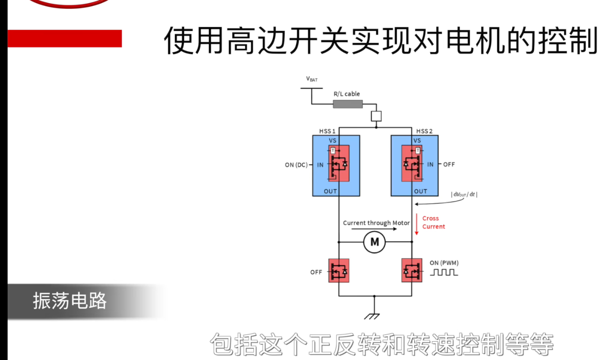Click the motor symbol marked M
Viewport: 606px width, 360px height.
[375, 242]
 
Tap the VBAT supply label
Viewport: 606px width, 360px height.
[311, 79]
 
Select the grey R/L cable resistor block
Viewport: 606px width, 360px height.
[348, 104]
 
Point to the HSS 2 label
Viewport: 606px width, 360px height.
[424, 131]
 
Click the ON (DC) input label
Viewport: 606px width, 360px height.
[296, 165]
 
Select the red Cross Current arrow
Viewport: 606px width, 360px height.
[417, 224]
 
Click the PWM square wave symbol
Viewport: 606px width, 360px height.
[444, 272]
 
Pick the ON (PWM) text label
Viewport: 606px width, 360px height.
[444, 263]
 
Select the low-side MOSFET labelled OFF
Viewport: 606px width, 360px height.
[339, 270]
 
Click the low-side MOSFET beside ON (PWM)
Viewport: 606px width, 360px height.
[412, 270]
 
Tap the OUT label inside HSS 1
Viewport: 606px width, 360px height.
[330, 191]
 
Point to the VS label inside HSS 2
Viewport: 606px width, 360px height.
[417, 140]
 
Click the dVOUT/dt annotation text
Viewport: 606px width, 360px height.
[465, 194]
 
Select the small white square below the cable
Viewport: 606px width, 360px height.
[376, 116]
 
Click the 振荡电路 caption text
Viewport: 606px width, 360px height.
[70, 301]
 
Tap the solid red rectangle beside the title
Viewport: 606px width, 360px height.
[65, 38]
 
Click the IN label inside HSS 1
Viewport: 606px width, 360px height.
[320, 165]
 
